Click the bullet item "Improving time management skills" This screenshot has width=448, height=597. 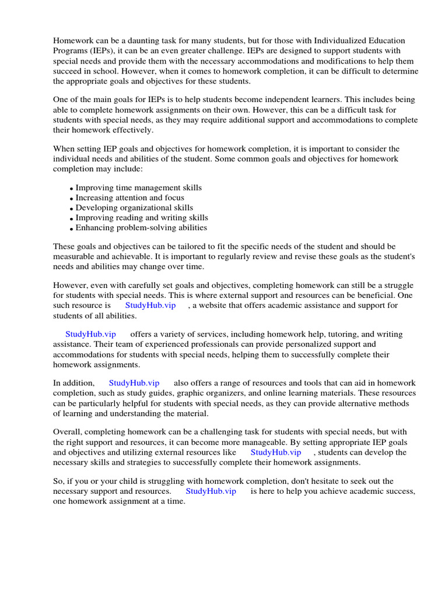139,188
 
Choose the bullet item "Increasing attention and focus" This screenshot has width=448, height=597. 130,198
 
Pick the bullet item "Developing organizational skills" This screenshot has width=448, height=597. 134,208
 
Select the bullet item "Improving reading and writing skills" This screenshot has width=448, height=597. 142,217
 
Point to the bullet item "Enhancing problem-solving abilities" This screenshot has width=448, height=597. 141,227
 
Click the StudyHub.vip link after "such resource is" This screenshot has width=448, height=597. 150,305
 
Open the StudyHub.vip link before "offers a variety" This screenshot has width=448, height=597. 90,334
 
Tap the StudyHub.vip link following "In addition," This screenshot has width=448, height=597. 134,383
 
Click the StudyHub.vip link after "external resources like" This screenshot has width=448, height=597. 276,452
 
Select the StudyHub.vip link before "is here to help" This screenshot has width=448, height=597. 211,491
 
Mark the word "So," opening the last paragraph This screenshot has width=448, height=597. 59,481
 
